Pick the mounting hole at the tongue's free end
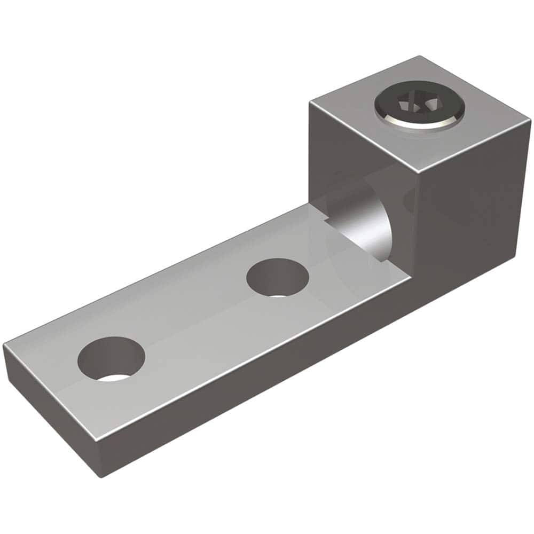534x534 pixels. (111, 358)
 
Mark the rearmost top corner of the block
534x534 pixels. (420, 57)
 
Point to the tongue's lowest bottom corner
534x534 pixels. (102, 475)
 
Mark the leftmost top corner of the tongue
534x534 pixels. (4, 347)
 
